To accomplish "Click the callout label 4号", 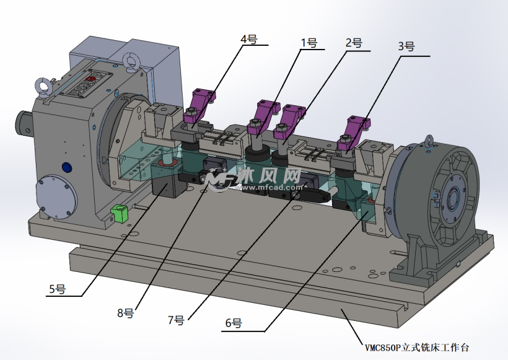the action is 249,40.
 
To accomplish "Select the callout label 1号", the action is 309,43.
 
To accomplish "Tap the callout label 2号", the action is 354,43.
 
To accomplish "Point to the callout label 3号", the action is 406,46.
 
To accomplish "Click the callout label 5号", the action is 58,289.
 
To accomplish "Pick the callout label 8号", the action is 125,313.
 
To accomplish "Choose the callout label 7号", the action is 176,320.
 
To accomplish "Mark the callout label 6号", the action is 234,323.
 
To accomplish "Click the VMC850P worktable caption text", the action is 417,348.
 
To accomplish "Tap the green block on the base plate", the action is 119,213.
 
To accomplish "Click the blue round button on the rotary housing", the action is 67,167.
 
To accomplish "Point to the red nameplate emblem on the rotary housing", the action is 90,79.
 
